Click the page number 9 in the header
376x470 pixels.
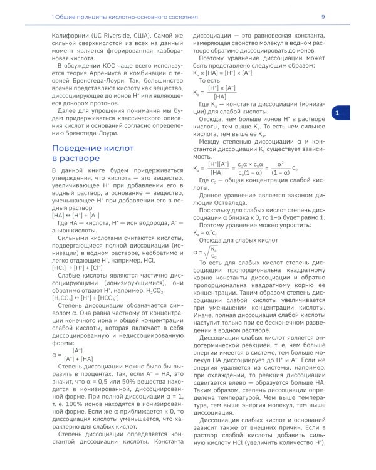[x=323, y=17]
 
